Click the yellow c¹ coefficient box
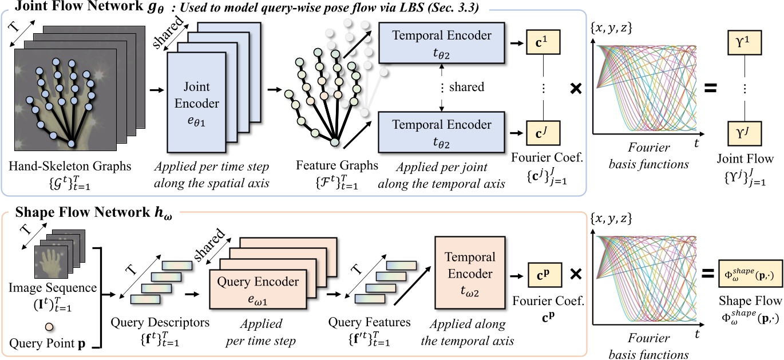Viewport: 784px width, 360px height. [x=542, y=44]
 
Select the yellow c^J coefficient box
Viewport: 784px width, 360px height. [x=542, y=132]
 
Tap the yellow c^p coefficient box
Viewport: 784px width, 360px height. [x=542, y=274]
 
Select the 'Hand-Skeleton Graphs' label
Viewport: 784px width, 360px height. [x=70, y=166]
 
